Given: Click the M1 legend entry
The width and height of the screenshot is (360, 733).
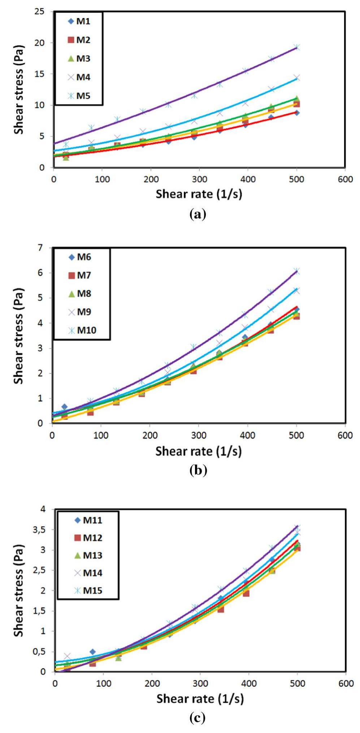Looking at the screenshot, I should point(79,21).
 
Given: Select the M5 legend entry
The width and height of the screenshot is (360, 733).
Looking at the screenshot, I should point(79,96).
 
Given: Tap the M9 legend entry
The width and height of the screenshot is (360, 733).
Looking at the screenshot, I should point(79,312).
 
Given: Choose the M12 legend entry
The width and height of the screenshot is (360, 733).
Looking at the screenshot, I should point(88,538).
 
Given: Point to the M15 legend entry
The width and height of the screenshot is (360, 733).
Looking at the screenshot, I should point(88,590).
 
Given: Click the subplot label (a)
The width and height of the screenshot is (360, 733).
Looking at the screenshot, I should point(198,214).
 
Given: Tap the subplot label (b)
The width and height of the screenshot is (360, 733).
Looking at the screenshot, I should point(198,470).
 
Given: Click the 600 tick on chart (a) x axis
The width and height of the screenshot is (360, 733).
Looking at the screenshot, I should point(345,179).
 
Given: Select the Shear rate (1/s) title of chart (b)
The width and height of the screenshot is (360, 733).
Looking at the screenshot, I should point(199,451).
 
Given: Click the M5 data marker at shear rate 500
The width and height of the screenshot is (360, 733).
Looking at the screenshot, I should point(297,47).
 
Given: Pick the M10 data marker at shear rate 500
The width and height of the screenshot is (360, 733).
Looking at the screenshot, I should point(296,271).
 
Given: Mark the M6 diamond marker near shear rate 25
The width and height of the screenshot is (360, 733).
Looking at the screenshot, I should point(64,407).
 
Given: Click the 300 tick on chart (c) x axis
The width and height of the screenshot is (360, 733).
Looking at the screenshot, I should point(200,684).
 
